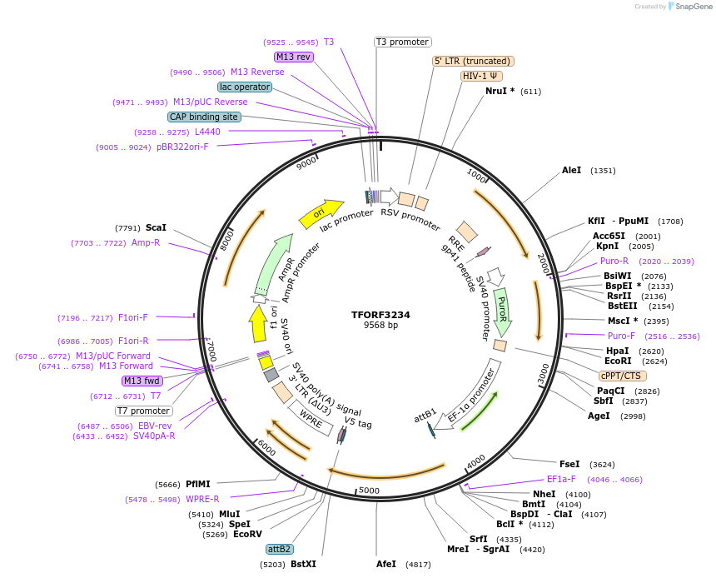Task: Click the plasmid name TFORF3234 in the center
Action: point(380,315)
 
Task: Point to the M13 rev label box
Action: point(294,57)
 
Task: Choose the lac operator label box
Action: point(245,87)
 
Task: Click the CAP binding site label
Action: point(204,117)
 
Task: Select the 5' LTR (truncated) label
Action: point(474,61)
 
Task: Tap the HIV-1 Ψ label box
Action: point(482,76)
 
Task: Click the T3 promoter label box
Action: point(402,42)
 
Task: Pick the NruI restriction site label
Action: point(500,91)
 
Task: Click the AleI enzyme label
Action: point(572,170)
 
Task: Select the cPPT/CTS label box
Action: point(623,376)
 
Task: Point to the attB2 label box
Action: point(279,549)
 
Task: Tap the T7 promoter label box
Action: point(143,411)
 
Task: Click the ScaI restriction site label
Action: point(156,227)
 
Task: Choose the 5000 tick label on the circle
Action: point(368,491)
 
